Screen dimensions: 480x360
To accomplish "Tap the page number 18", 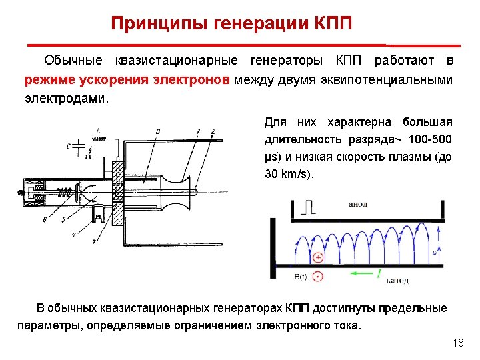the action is tap(457, 343).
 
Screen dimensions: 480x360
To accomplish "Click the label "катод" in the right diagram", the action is tap(397, 280).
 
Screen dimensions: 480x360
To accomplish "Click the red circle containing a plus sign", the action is tap(319, 257).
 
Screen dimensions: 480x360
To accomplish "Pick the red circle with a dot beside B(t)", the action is tap(319, 276).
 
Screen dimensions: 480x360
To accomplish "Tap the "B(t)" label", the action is tap(301, 276).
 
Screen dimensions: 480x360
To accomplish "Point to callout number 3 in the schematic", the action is tap(157, 131).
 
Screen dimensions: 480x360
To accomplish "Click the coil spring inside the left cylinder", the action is tap(64, 194).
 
